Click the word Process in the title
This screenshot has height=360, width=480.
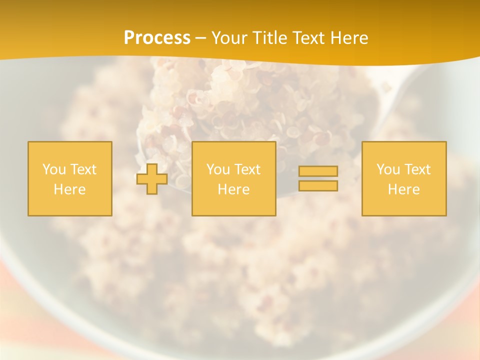[x=157, y=38]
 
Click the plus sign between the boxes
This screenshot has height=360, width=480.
[x=152, y=179]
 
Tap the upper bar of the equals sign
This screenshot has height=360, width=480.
[x=318, y=171]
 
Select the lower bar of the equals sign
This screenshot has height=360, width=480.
[x=318, y=186]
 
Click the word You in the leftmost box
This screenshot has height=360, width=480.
[x=54, y=169]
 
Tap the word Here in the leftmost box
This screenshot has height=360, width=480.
[x=69, y=189]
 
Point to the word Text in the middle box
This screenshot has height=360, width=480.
[x=247, y=169]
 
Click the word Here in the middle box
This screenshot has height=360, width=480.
[x=233, y=189]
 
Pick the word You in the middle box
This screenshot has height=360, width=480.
[x=218, y=169]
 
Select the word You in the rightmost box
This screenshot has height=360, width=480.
[x=388, y=169]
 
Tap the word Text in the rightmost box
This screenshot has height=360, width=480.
[x=417, y=169]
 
